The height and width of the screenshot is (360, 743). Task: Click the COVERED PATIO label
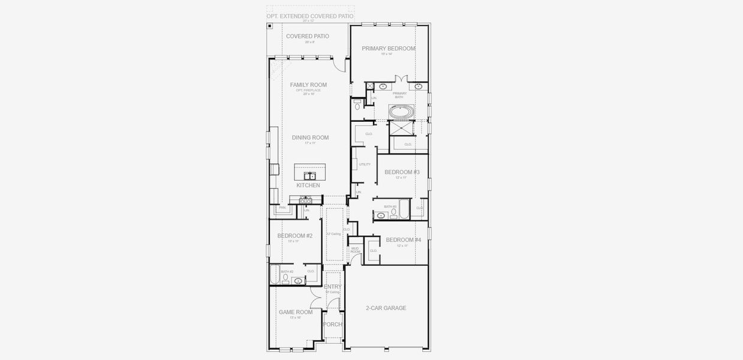(x=307, y=37)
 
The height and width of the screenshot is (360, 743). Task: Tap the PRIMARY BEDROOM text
(x=389, y=49)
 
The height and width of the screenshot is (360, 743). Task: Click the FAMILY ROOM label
(x=308, y=85)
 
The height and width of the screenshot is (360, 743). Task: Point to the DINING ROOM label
(x=310, y=138)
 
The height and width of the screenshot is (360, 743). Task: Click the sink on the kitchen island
(x=310, y=176)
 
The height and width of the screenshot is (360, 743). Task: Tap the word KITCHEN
(x=308, y=186)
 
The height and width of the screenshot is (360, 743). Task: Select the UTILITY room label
(x=365, y=164)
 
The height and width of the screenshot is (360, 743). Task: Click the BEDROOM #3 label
(x=402, y=172)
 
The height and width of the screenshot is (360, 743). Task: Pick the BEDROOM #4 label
(x=403, y=240)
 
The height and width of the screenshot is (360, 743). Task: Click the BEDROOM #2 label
(x=294, y=236)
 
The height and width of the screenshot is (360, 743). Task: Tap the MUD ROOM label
(x=355, y=250)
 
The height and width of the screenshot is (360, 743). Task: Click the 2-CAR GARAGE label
(x=386, y=308)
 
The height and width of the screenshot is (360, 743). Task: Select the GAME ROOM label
(x=296, y=312)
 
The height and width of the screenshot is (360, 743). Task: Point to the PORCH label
(x=332, y=325)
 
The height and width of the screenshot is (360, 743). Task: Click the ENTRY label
(x=333, y=287)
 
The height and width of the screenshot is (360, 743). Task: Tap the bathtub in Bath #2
(x=275, y=275)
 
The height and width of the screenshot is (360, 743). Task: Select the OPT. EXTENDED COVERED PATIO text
(x=310, y=16)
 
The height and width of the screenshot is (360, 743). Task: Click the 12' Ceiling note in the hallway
(x=333, y=233)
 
